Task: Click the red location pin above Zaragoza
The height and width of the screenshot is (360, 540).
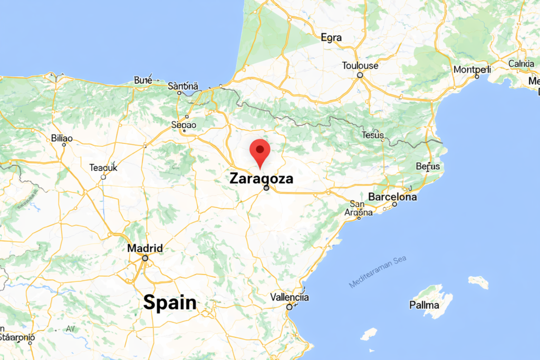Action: pos(259,151)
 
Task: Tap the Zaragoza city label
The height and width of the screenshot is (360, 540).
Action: pos(261,179)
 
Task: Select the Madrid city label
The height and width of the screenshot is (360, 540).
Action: pos(145,248)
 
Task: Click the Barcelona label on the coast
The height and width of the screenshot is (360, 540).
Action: pos(392,197)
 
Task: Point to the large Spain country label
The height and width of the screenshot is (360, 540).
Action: pos(170,303)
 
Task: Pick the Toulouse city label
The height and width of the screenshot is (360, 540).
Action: pos(360,66)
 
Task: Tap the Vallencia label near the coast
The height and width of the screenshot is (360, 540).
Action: pos(289,297)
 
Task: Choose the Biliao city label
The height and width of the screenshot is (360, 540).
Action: pos(62,138)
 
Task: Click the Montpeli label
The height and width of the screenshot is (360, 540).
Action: pos(472,70)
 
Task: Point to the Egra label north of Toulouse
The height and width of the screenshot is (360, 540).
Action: pos(331,38)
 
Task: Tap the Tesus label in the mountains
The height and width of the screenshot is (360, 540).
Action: pos(373,135)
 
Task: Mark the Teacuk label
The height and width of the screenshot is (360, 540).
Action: pos(103,168)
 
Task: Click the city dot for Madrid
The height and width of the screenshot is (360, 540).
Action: pos(145,258)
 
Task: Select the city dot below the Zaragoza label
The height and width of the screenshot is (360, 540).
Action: pos(266,188)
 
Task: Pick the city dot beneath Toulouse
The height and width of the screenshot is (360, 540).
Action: pos(360,75)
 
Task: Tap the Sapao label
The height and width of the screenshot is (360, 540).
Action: pos(184,125)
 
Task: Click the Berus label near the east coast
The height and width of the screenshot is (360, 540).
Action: pos(428,167)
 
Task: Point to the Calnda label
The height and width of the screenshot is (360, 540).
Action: pos(521,64)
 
